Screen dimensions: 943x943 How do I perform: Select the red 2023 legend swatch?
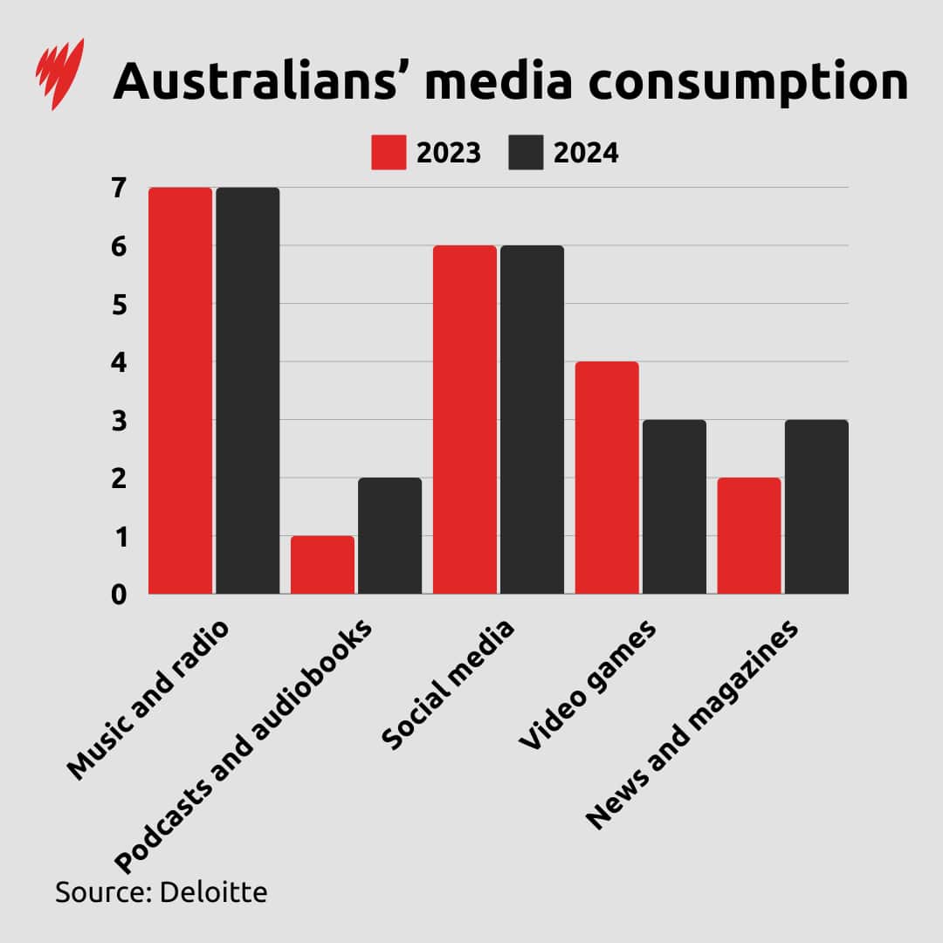(388, 153)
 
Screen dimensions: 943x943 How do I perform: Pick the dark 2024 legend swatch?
(525, 153)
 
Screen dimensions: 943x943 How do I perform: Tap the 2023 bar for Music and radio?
(180, 390)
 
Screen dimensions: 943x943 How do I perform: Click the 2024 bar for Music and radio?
(248, 390)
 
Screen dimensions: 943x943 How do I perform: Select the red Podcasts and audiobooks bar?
(322, 565)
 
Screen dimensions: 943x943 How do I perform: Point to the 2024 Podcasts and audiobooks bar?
(390, 535)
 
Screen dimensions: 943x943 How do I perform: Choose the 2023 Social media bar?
(465, 419)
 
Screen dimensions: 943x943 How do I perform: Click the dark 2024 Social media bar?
(532, 419)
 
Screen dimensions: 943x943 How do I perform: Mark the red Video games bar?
(607, 478)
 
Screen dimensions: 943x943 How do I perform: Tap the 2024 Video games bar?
(674, 506)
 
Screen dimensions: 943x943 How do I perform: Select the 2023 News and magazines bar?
(749, 535)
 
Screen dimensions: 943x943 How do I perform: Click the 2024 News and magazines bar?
(816, 506)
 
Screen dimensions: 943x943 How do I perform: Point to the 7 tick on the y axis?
(119, 187)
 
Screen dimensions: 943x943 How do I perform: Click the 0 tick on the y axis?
(119, 595)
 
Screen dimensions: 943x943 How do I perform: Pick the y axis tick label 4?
(119, 362)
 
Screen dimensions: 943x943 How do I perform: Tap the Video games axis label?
(587, 685)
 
